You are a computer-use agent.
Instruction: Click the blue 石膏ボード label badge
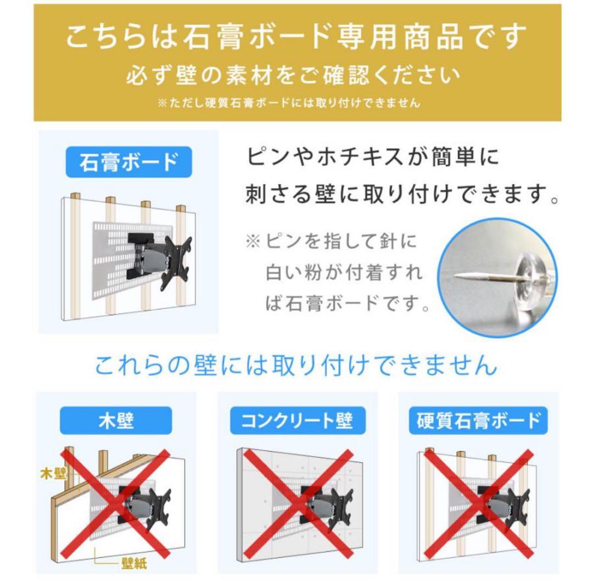pos(129,163)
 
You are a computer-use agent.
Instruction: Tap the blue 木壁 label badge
pos(116,421)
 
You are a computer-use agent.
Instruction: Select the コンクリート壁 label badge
pos(297,421)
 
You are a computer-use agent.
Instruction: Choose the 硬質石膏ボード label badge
pos(478,421)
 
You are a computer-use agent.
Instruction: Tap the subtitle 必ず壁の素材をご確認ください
pos(293,76)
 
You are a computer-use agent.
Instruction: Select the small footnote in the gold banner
pos(289,103)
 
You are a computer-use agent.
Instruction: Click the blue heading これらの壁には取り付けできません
pos(296,365)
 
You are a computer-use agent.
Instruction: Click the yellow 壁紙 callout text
pos(133,563)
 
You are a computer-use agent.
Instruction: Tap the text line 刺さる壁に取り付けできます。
pos(402,194)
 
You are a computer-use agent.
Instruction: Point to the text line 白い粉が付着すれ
pos(344,272)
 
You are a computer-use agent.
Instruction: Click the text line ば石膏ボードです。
pos(347,302)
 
